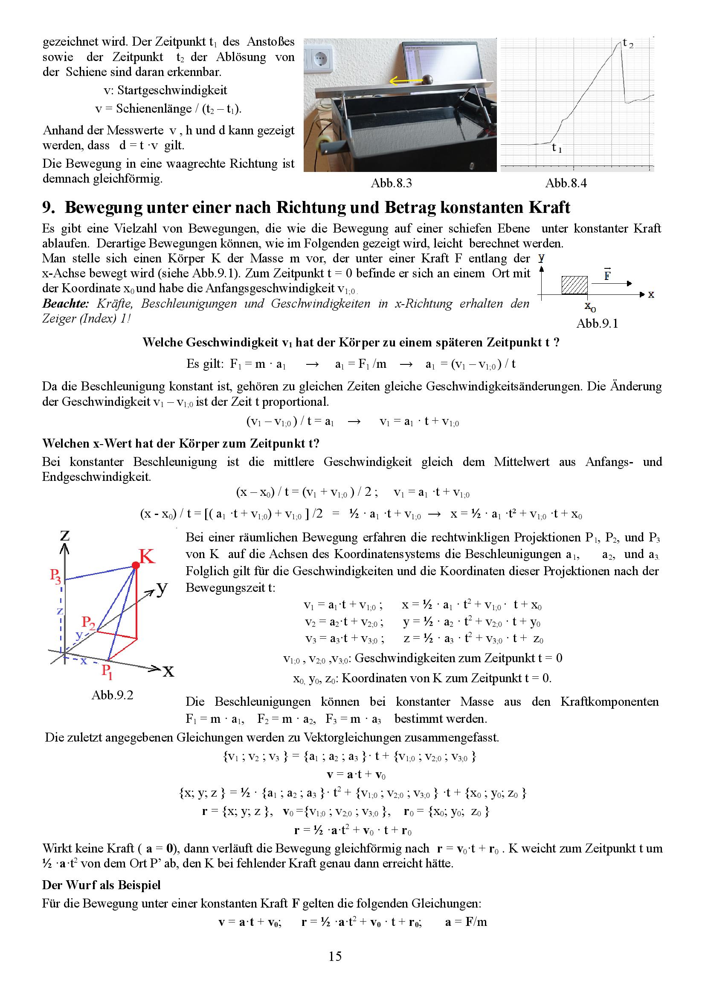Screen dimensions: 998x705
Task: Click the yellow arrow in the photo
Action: click(405, 80)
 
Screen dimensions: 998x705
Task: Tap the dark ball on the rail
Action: click(428, 80)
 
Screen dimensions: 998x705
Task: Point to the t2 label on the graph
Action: click(628, 44)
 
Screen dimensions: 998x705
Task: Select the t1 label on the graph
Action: click(557, 148)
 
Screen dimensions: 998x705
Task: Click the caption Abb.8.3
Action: click(391, 183)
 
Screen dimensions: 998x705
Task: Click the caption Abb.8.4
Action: click(566, 183)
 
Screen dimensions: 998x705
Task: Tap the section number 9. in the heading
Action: click(48, 208)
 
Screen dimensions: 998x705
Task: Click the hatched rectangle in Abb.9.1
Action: click(574, 285)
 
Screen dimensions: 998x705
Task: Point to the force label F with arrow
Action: click(607, 275)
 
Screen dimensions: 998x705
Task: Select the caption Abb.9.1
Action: click(597, 323)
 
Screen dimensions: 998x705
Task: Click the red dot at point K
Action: click(136, 565)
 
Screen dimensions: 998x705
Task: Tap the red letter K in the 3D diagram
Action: click(147, 556)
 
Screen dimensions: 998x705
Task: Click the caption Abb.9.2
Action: click(112, 695)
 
